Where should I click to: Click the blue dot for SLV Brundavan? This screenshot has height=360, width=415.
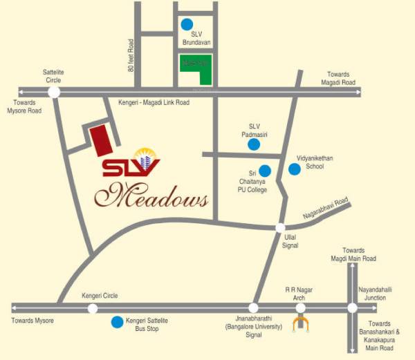[187, 24]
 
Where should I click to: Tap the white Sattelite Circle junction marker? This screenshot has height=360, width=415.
[54, 91]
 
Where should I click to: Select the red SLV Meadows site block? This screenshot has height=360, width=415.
[100, 140]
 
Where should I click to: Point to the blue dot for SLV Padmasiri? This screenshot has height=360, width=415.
[255, 144]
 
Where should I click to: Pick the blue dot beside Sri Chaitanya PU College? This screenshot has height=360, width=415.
[264, 170]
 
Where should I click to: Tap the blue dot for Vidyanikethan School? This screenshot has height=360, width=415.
[295, 169]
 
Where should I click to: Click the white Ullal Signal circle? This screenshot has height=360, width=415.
[280, 227]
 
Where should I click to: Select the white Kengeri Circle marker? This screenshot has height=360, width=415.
[93, 308]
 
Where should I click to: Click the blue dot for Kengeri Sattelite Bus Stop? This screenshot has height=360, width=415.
[117, 322]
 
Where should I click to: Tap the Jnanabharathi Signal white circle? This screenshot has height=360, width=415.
[253, 308]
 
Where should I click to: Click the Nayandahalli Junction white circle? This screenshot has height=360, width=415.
[352, 308]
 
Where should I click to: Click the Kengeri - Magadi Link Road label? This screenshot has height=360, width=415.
[160, 102]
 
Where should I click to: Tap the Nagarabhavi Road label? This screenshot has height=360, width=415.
[324, 211]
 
